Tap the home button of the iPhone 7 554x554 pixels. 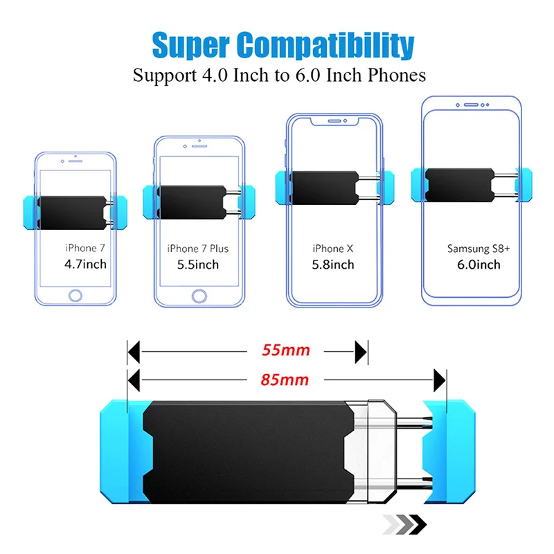75,296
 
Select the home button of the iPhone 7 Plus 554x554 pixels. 199,296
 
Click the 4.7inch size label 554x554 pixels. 85,263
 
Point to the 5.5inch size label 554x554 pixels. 198,265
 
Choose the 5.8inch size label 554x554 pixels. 333,265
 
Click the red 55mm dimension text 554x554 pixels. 286,350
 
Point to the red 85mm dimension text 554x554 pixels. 286,379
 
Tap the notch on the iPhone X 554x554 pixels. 335,120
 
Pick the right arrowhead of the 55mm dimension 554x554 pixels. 361,351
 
